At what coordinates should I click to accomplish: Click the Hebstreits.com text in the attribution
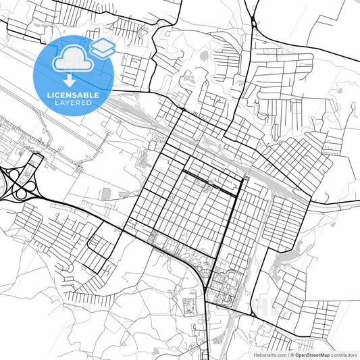[266, 354]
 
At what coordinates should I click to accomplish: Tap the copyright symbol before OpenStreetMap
[292, 354]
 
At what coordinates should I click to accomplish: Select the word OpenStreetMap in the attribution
[311, 354]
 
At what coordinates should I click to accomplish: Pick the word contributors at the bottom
[342, 354]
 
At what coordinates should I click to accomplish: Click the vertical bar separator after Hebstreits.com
[287, 354]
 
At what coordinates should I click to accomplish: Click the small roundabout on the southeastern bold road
[253, 314]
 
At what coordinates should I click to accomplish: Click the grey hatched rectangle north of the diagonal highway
[106, 194]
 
